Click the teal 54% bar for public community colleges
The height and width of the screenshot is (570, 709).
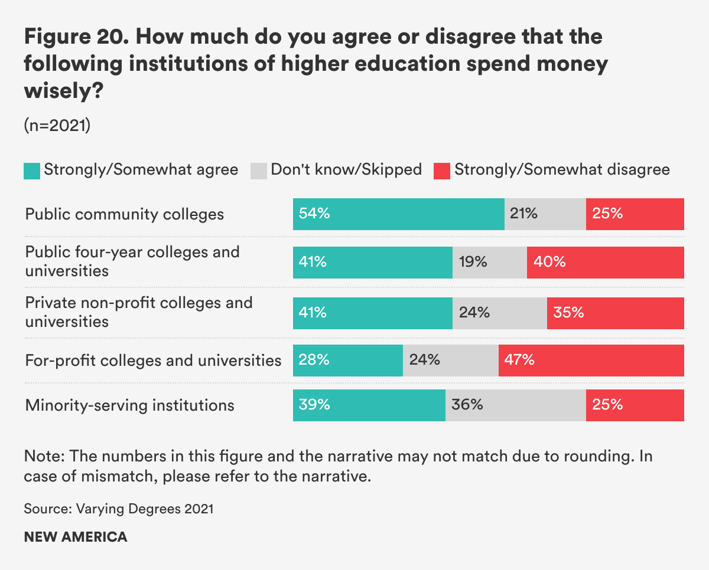398,214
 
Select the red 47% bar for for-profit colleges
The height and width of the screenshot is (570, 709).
591,360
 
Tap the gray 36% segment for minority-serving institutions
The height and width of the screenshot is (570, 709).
515,405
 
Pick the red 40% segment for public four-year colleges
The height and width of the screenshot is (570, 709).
605,263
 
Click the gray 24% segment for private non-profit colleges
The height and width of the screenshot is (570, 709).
499,313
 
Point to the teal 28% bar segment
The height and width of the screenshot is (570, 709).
347,360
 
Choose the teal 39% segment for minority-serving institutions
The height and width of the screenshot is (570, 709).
369,405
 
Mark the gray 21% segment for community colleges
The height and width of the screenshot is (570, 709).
545,214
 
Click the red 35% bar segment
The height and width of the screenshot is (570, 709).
615,313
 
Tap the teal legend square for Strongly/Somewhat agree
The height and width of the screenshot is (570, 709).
32,171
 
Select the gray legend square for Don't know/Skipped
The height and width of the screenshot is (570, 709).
259,171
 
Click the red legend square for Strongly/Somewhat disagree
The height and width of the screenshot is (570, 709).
442,171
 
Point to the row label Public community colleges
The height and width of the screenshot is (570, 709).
125,214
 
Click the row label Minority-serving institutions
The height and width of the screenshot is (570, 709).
129,406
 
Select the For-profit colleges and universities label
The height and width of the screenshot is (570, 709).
153,360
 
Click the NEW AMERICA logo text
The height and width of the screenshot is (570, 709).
76,537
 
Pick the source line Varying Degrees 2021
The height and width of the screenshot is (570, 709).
119,508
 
